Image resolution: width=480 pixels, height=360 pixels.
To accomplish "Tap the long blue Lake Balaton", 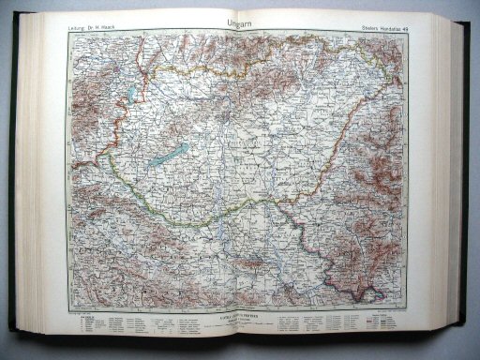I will [x=167, y=157].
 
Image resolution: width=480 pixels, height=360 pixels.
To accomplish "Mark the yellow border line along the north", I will [x=234, y=63].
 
